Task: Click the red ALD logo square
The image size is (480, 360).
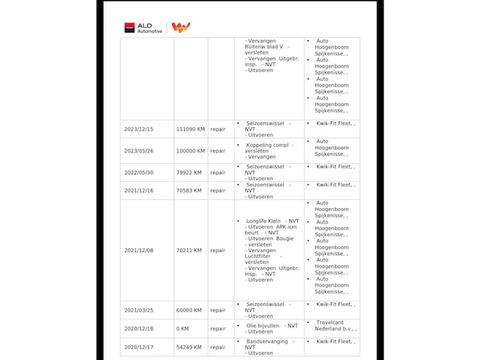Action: point(129,27)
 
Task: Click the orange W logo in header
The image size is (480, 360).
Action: point(181,27)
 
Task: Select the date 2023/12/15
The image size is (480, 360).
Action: point(139,129)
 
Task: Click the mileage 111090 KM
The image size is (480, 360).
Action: point(190,129)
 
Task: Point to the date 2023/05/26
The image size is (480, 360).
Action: point(139,151)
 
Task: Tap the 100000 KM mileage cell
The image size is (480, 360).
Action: point(190,151)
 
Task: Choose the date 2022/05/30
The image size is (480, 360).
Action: point(139,172)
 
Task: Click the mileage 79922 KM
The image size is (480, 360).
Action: point(188,172)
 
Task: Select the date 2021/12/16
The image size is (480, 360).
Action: point(139,191)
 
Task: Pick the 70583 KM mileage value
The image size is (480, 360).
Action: point(188,191)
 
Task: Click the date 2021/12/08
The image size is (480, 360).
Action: point(139,250)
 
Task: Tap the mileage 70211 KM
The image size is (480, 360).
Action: point(188,250)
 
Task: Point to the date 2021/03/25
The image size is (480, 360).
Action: point(139,310)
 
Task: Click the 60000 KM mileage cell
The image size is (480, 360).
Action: point(188,310)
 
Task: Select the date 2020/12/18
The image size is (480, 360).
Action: point(139,328)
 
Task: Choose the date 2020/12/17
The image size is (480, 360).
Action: point(139,347)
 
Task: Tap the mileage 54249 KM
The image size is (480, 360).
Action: point(188,347)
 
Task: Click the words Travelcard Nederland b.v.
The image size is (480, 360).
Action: point(335,326)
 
